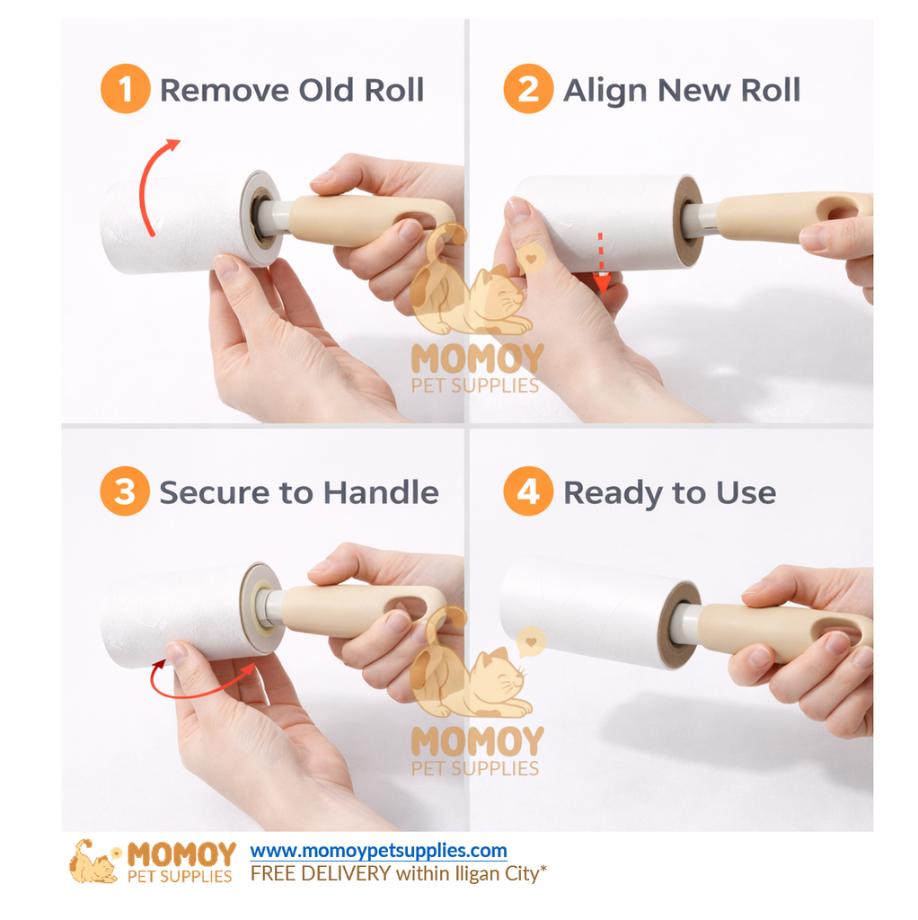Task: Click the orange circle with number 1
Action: click(125, 90)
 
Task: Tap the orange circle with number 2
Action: click(528, 90)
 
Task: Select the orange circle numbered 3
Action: click(125, 492)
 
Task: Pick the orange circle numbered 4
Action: click(528, 492)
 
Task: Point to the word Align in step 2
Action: click(606, 91)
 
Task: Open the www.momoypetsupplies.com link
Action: click(378, 850)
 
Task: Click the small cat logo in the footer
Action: click(93, 862)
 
